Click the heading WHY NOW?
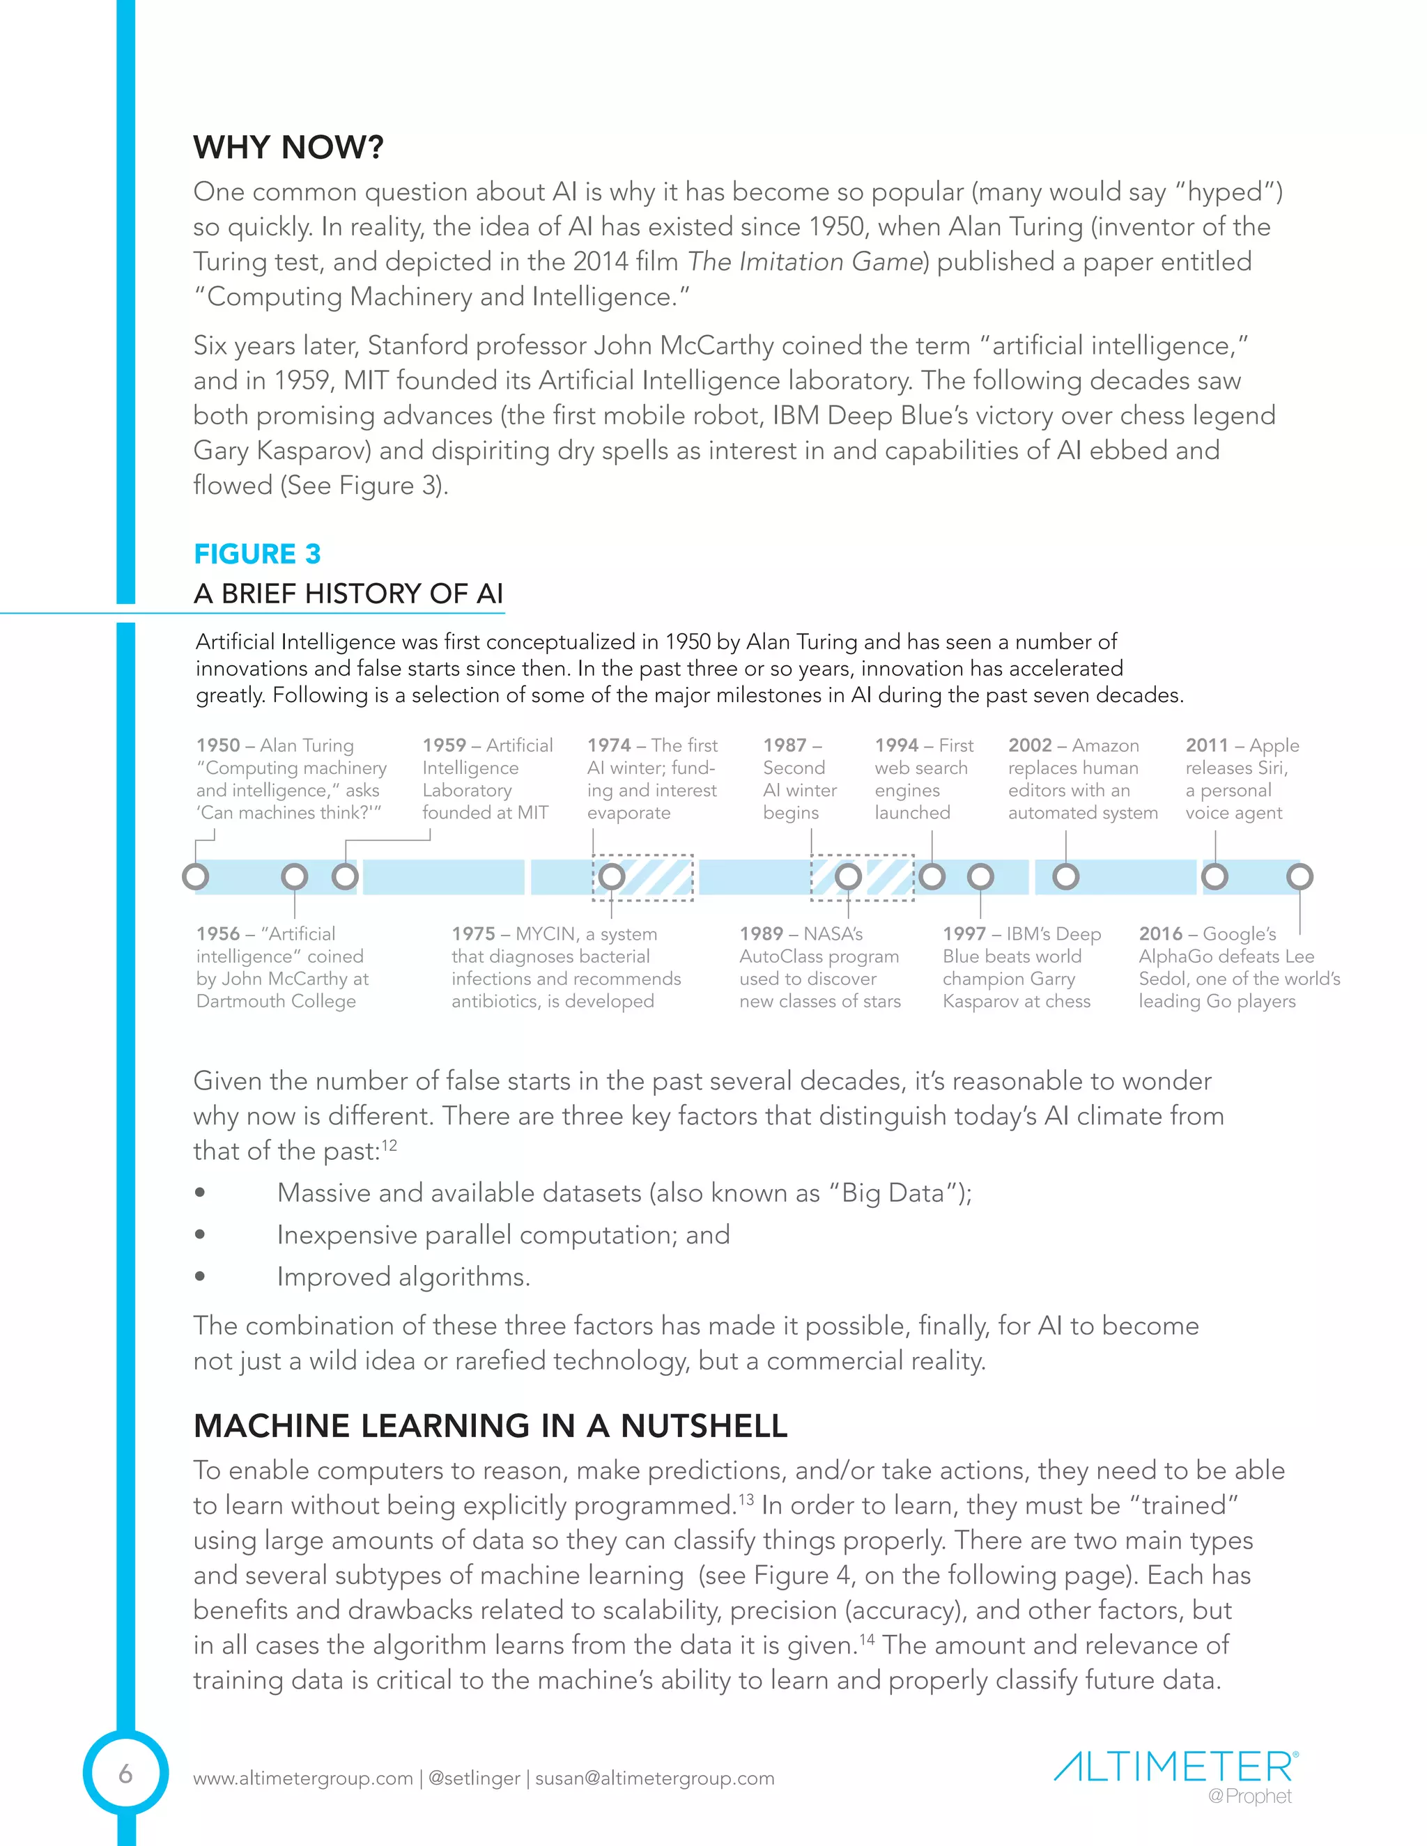point(288,148)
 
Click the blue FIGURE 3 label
point(257,554)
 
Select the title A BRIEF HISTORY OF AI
point(348,594)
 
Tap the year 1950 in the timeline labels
point(218,745)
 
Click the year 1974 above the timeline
point(609,745)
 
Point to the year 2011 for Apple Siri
point(1206,745)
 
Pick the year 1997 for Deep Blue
point(964,934)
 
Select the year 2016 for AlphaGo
point(1160,934)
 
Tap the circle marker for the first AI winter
point(611,876)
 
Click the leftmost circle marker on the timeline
point(195,876)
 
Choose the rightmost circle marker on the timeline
point(1299,876)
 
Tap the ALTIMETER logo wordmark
point(1173,1767)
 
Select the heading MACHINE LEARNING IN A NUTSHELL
point(491,1426)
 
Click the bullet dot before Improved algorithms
point(199,1276)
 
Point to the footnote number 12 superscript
point(389,1145)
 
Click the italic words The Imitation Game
point(804,262)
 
